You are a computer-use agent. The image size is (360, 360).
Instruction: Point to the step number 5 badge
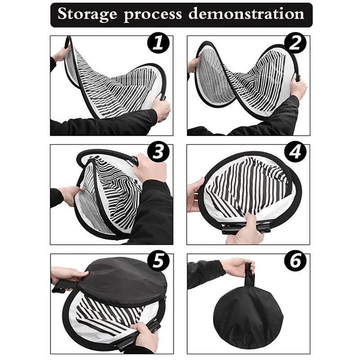pyautogui.click(x=158, y=261)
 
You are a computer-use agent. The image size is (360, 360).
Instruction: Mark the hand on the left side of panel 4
pyautogui.click(x=195, y=194)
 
